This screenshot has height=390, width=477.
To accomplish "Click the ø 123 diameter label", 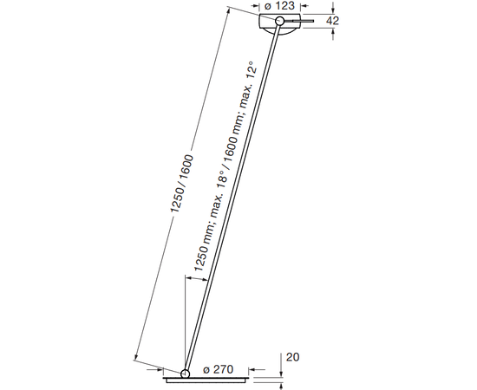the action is (279, 5).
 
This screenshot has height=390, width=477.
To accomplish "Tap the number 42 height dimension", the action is (332, 21).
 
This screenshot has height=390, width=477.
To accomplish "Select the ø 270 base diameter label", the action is (218, 369).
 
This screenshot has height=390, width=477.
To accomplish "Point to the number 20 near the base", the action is (292, 357).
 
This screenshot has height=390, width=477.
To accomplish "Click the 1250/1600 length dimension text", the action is (181, 183).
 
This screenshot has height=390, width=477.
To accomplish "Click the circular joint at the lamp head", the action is (279, 21).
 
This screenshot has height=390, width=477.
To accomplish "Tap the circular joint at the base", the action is (185, 374).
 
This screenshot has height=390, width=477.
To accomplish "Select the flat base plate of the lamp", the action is (206, 380).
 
